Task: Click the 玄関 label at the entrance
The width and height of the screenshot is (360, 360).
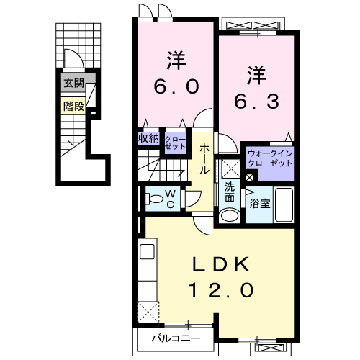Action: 73,84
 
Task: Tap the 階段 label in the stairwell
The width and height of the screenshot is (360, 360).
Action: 73,107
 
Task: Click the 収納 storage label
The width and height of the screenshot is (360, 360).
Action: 149,138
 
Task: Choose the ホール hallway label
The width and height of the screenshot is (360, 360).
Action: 204,158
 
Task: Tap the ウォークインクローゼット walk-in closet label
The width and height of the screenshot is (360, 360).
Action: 270,158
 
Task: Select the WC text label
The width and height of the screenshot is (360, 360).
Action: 171,198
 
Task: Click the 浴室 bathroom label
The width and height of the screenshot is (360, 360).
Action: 260,204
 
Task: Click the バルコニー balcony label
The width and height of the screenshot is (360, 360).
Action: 175,337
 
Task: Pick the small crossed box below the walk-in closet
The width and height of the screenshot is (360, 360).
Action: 250,176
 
